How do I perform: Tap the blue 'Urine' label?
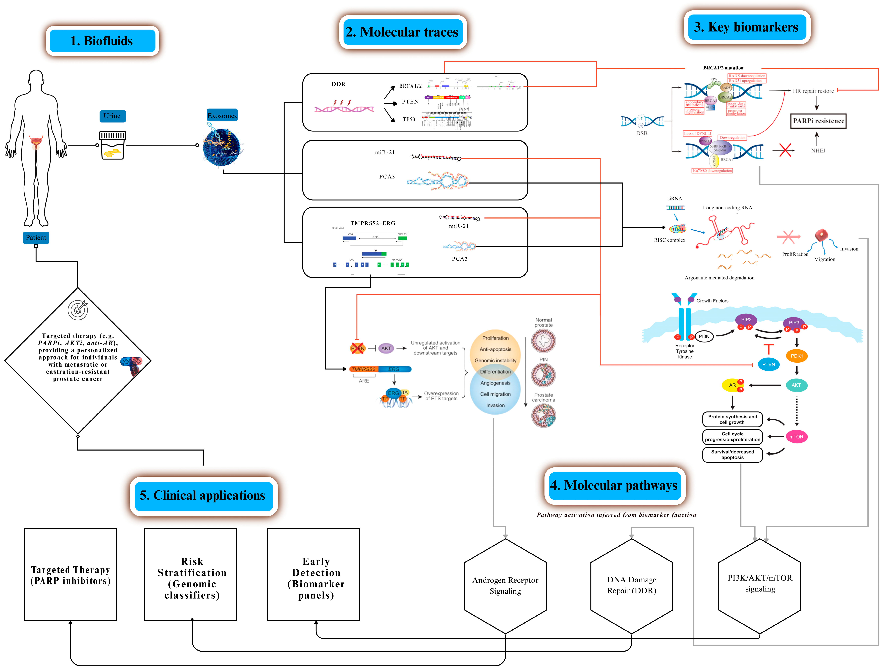point(112,116)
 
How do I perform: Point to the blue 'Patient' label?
point(36,238)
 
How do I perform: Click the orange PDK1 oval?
point(796,356)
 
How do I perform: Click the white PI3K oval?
point(704,336)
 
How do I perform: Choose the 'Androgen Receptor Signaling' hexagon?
point(505,586)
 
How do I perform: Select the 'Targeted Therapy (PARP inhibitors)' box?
point(71,575)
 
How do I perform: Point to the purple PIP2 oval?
point(746,320)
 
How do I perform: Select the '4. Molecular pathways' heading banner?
point(615,486)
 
